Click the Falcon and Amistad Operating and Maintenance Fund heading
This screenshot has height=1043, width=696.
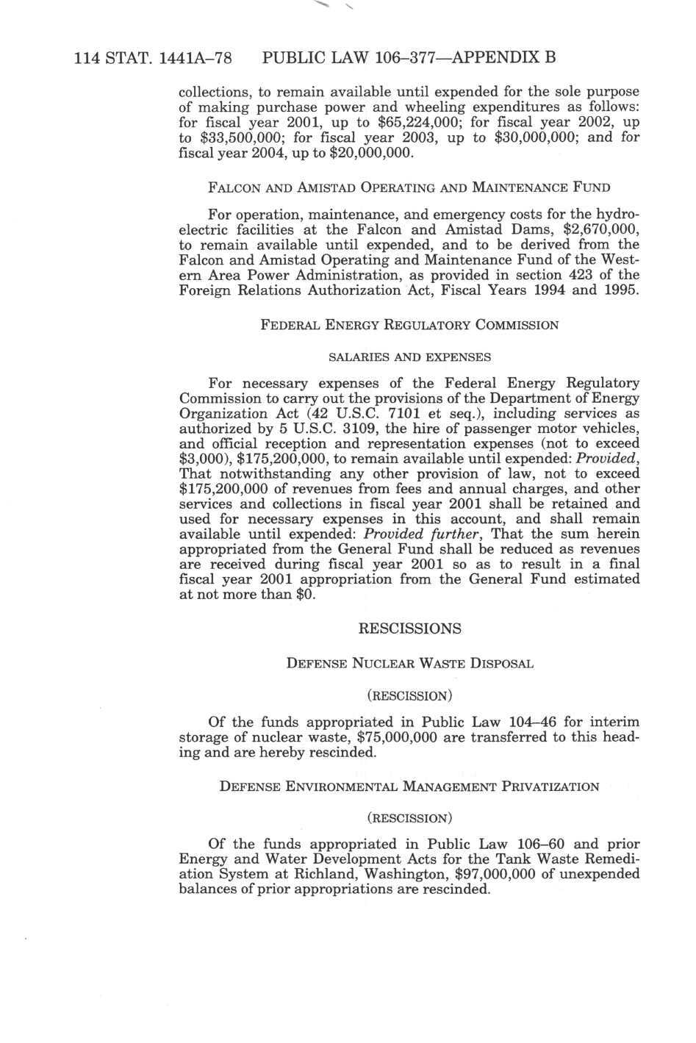coord(409,187)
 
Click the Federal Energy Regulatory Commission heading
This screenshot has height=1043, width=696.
coord(409,325)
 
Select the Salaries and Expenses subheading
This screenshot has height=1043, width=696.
coord(409,358)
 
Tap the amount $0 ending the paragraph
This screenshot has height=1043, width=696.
coord(304,595)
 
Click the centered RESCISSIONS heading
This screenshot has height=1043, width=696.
coord(409,629)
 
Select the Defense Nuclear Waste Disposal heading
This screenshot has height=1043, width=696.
coord(409,664)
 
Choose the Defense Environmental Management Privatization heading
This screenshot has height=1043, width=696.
coord(409,787)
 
